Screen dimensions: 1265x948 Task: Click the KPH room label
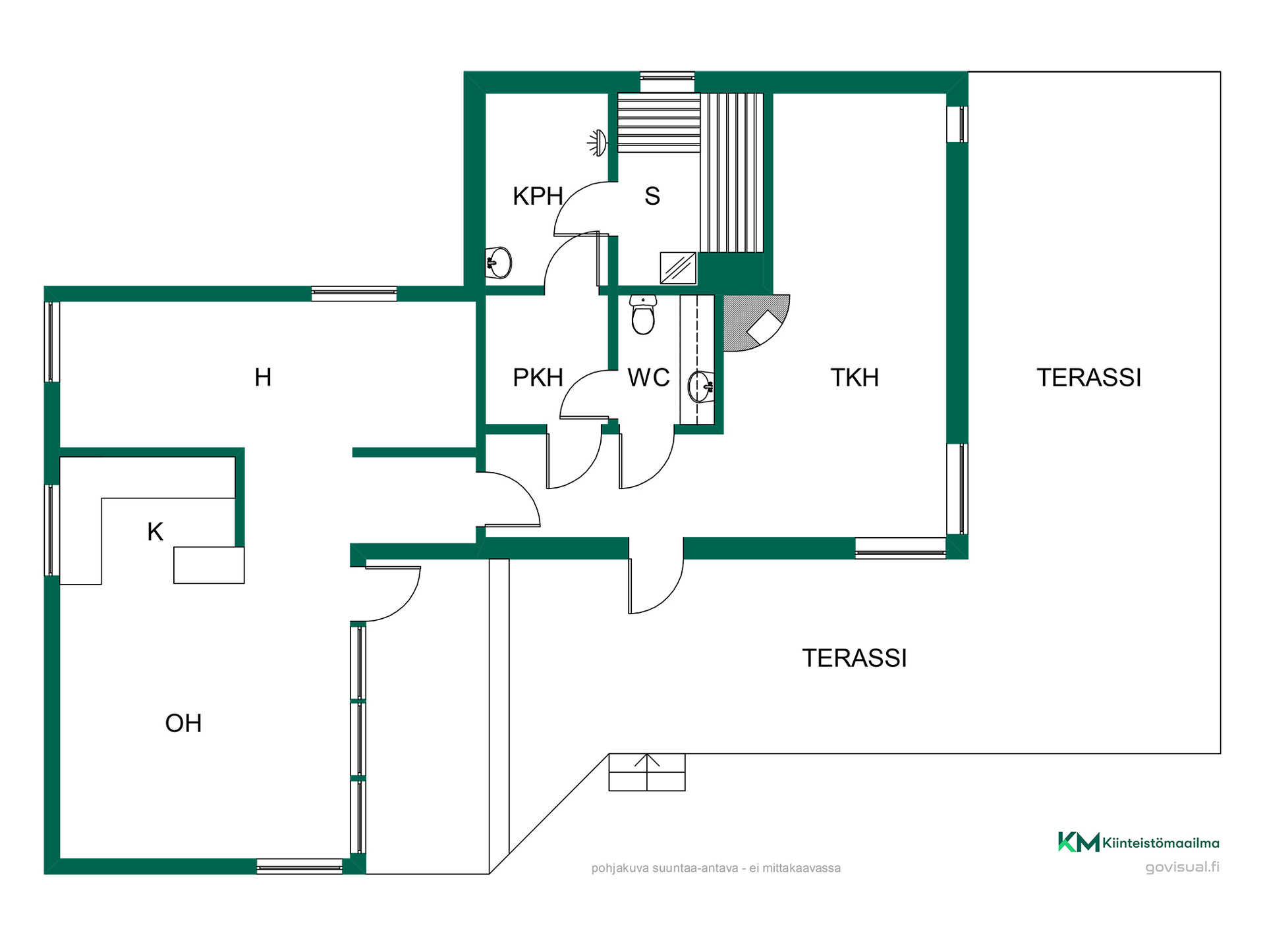click(538, 196)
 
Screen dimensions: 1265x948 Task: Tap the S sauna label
click(652, 196)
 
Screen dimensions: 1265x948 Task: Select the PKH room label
click(538, 378)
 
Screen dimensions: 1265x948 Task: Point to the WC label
click(648, 378)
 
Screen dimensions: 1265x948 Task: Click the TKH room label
click(855, 378)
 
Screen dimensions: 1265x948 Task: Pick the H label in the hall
click(263, 378)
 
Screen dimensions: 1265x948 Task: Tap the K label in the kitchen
click(155, 532)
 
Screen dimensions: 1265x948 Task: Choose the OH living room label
click(183, 724)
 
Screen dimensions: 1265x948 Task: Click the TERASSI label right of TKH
click(1088, 378)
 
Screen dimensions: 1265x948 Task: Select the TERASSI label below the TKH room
click(855, 658)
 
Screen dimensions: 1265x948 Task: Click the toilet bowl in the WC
click(643, 315)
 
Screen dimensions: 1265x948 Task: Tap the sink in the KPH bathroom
click(499, 263)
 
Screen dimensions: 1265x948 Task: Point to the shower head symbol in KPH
click(597, 142)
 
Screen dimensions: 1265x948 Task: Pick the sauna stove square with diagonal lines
click(678, 268)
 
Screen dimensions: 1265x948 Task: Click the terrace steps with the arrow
click(647, 772)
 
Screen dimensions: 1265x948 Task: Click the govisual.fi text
click(1183, 867)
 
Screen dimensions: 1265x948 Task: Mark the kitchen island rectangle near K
click(209, 565)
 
